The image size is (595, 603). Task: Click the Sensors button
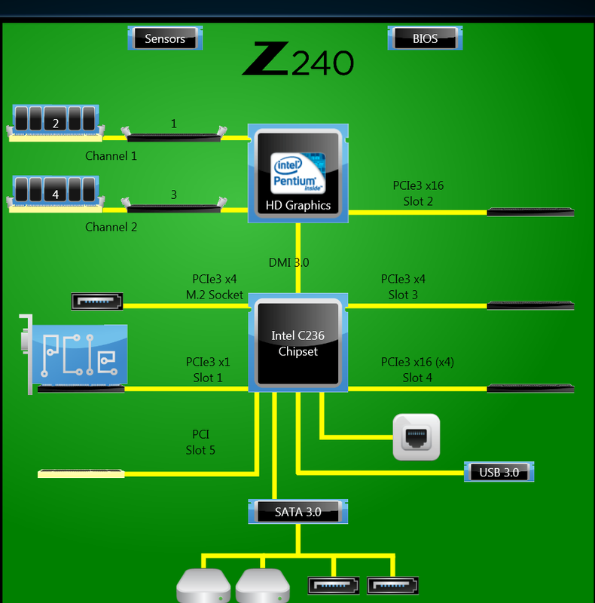coord(166,38)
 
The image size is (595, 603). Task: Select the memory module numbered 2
coord(55,121)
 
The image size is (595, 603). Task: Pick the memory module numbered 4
coord(55,192)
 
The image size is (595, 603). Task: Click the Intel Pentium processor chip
coord(298,173)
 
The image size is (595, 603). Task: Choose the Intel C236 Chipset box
coord(298,344)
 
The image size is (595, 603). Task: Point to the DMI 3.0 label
coord(288,263)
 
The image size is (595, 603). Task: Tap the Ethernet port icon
coord(416,436)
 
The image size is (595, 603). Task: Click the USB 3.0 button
coord(499,473)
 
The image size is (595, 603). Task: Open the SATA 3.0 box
coord(298,512)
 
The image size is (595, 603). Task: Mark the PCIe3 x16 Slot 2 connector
coord(530,212)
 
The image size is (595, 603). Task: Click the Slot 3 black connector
coord(530,305)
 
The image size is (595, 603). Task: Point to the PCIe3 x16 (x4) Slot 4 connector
coord(530,388)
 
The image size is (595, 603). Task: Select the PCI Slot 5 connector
coord(81,473)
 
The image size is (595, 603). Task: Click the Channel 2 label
coord(111,227)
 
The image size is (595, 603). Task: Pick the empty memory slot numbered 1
coord(174,136)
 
